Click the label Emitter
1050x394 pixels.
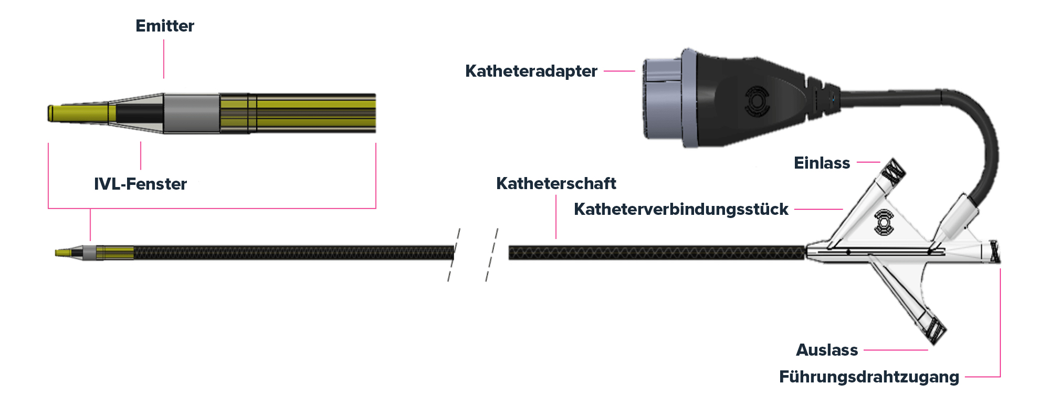(165, 26)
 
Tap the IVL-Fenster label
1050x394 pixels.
(140, 184)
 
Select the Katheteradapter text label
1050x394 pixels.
(531, 71)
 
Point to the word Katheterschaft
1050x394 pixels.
(556, 183)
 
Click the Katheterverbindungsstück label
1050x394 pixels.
(681, 209)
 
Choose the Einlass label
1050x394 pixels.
(822, 163)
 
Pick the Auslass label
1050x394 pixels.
(827, 350)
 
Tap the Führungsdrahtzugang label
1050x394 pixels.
(869, 377)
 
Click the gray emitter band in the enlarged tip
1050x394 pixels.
(192, 113)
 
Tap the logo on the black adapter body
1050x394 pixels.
(757, 102)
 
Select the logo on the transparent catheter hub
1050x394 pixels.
(884, 222)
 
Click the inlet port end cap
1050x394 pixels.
(894, 170)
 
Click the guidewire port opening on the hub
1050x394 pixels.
(994, 252)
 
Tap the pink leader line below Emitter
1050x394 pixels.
(164, 59)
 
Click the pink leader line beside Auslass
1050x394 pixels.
(896, 350)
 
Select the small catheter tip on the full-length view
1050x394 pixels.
(68, 253)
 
